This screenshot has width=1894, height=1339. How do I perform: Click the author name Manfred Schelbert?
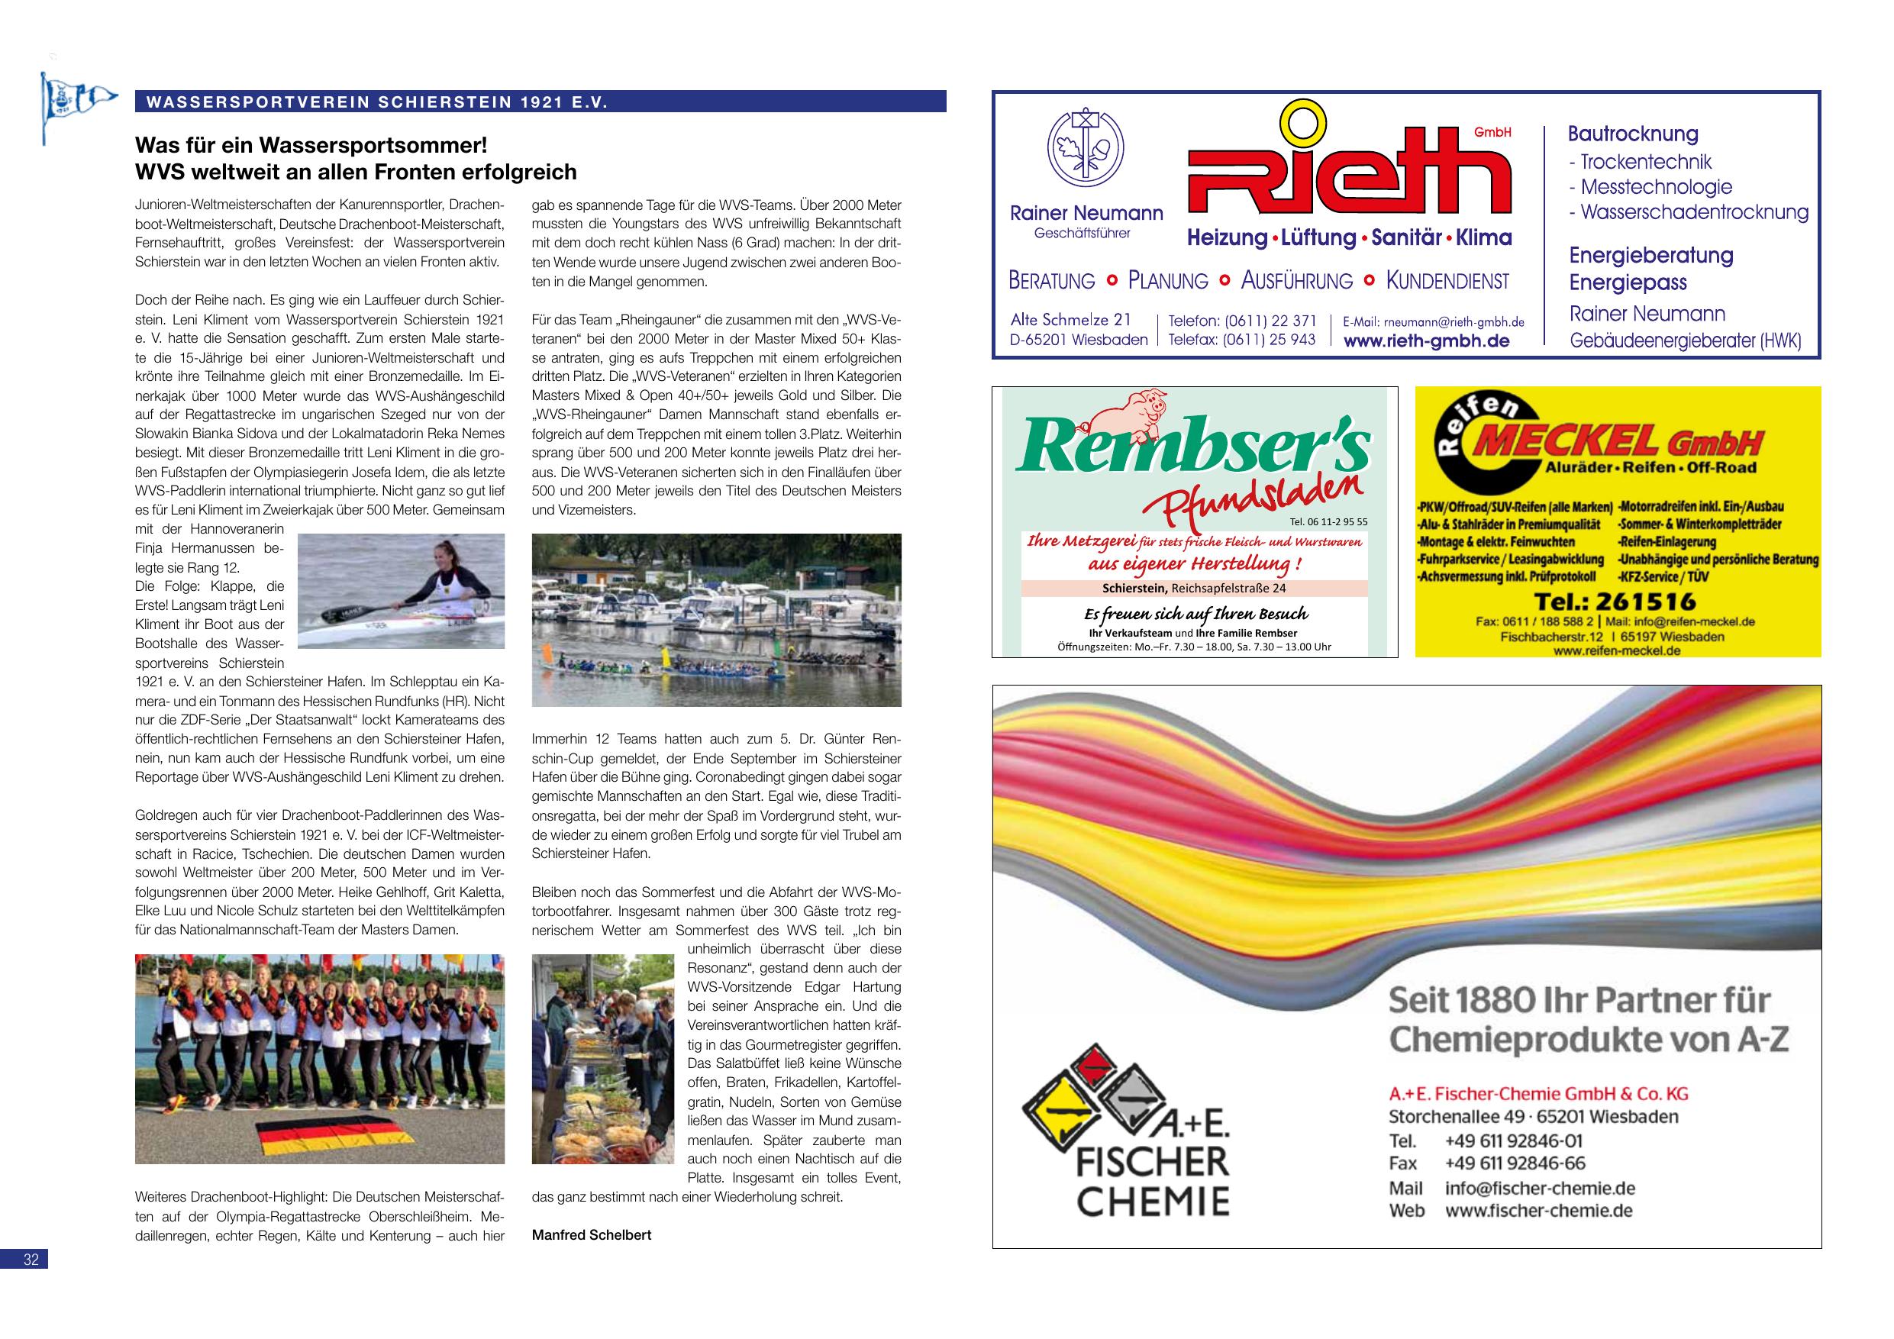coord(592,1235)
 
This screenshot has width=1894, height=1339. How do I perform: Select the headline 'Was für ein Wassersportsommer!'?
coord(311,146)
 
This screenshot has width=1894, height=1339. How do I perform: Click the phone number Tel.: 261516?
coord(1615,602)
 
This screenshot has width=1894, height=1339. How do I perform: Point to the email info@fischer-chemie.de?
coord(1539,1189)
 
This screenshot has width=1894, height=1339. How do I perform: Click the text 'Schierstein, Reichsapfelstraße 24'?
coord(1193,589)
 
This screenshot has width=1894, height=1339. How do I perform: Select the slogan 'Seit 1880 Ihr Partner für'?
coord(1579,1000)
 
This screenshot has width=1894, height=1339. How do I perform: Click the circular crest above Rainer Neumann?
coord(1085,147)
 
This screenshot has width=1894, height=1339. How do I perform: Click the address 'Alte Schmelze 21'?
coord(1071,320)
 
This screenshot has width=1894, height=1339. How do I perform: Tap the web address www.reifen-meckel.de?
coord(1616,650)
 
